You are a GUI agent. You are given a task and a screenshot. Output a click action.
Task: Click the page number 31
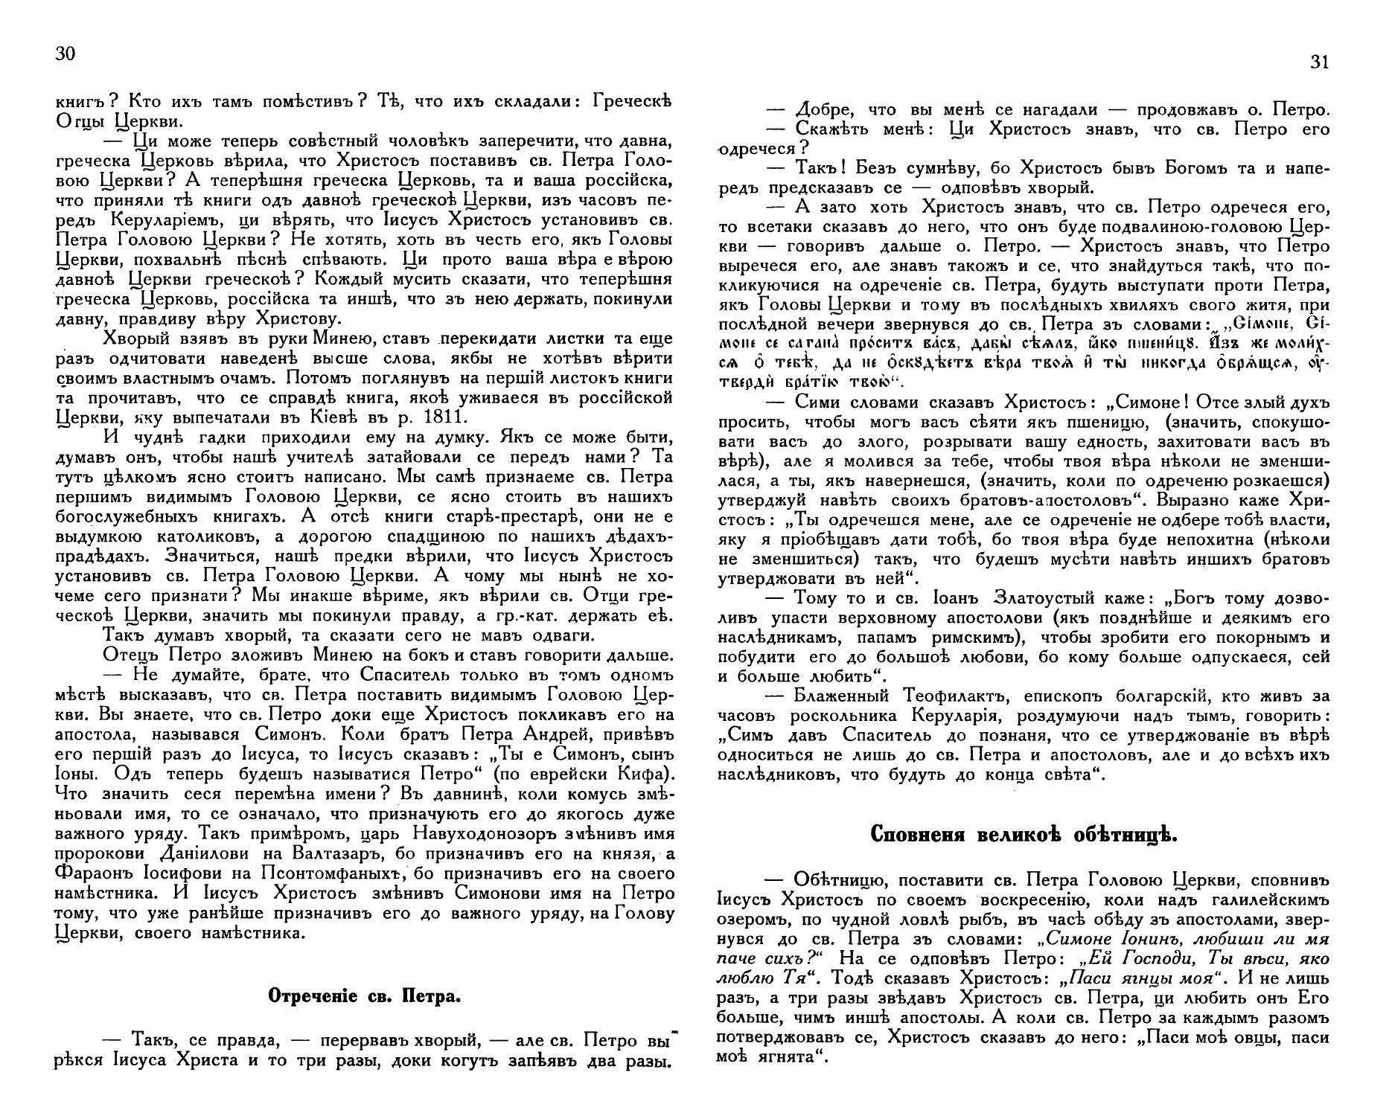(1318, 63)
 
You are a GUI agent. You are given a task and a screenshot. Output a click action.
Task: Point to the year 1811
(439, 417)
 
